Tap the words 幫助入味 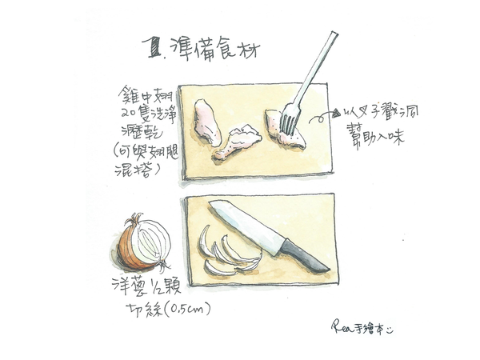coord(380,137)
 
